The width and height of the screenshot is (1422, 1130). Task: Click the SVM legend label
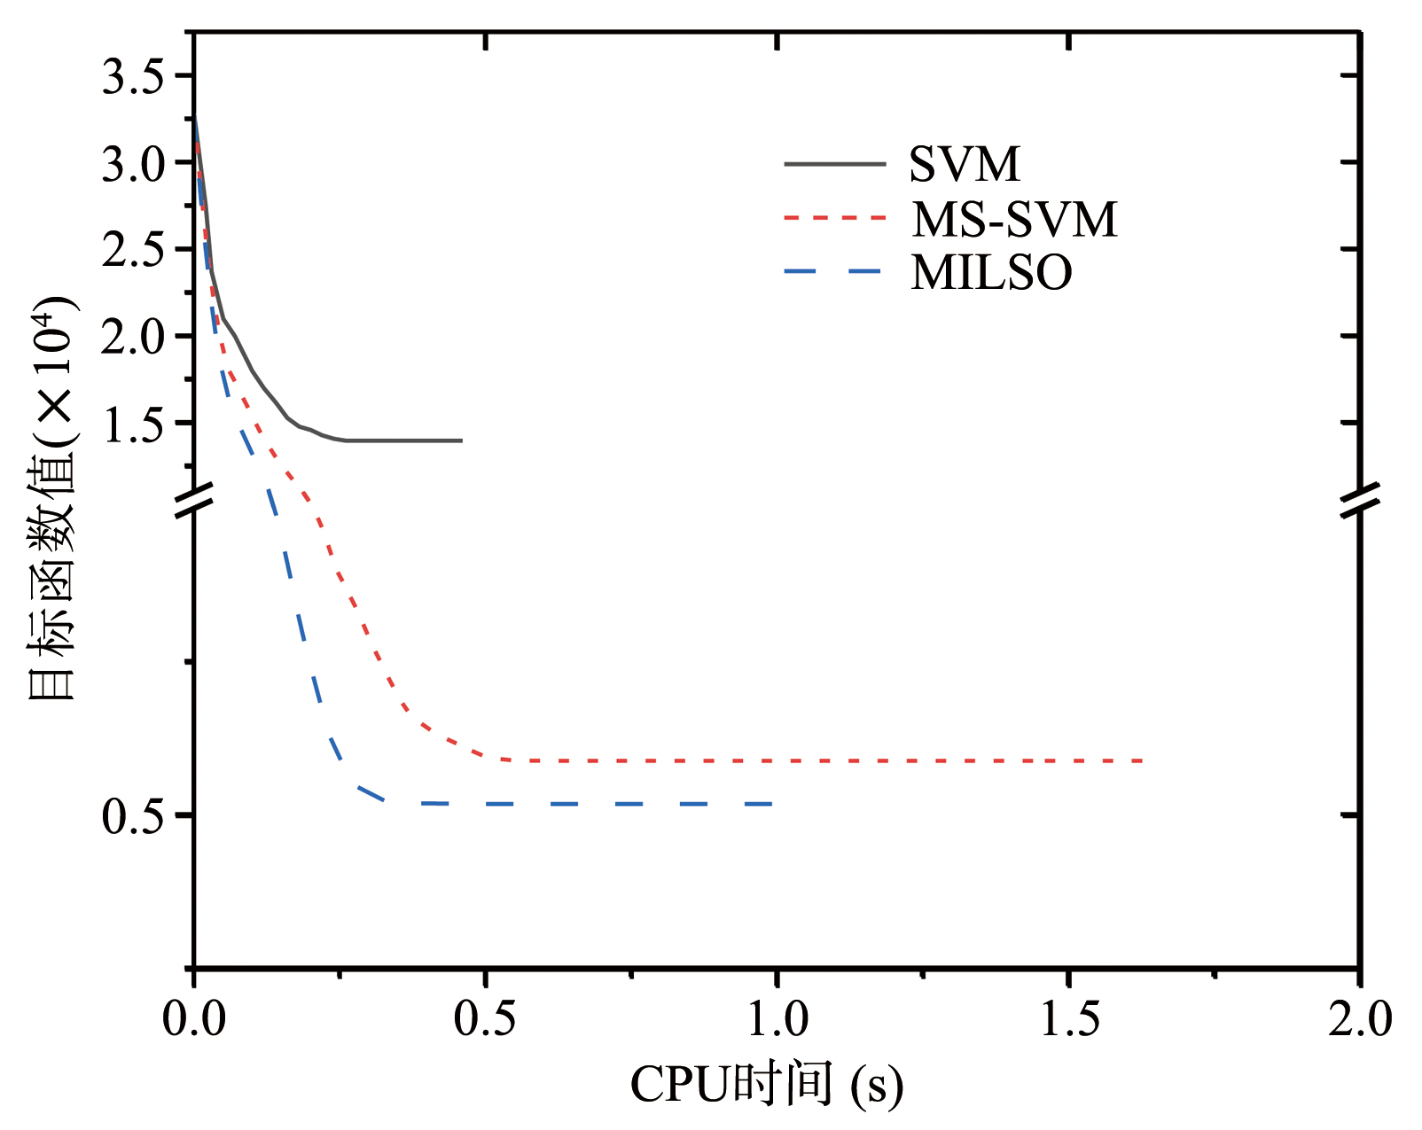point(965,164)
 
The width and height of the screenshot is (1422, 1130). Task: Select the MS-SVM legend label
point(1014,219)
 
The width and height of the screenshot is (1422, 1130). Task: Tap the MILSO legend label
point(991,272)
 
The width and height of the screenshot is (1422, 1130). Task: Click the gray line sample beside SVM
point(834,164)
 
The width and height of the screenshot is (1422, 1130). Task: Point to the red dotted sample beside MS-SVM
point(834,217)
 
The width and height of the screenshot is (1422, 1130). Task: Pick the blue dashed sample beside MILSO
point(834,271)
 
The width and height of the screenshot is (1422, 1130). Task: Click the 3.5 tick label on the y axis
point(133,77)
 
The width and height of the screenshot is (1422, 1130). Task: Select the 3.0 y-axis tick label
point(133,164)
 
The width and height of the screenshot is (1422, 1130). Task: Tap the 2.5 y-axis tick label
point(133,251)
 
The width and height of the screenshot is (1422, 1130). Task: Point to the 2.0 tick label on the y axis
point(133,338)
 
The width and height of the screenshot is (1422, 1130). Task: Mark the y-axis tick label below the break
point(133,816)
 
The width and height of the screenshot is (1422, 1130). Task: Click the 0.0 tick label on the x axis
point(194,1018)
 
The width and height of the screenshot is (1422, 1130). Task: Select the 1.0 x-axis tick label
point(777,1018)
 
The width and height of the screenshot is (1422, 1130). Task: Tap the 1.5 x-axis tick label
point(1069,1018)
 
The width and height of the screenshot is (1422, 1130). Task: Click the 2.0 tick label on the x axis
point(1360,1018)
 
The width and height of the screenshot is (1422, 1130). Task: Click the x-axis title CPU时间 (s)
point(766,1084)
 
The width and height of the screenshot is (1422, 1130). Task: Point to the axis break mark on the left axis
point(194,500)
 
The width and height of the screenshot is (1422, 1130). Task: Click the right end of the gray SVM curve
point(461,440)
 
